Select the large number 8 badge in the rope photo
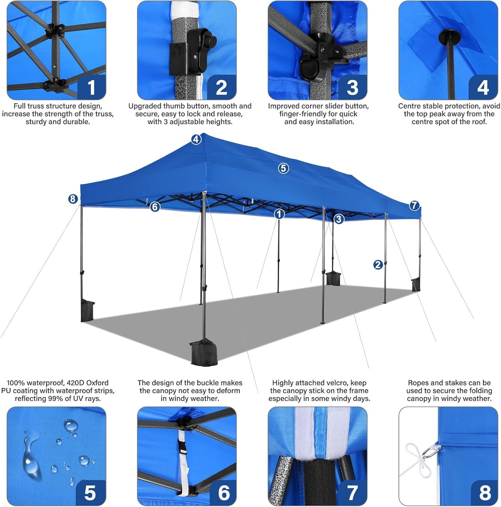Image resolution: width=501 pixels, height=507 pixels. point(485,492)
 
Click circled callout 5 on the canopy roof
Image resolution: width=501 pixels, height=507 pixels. point(283,168)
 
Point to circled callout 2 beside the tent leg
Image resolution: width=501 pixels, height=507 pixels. point(378,265)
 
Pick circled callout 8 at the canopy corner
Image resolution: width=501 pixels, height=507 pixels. point(72,199)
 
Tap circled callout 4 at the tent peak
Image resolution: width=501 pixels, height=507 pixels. point(196,139)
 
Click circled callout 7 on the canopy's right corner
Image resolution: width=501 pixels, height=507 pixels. point(414,206)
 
